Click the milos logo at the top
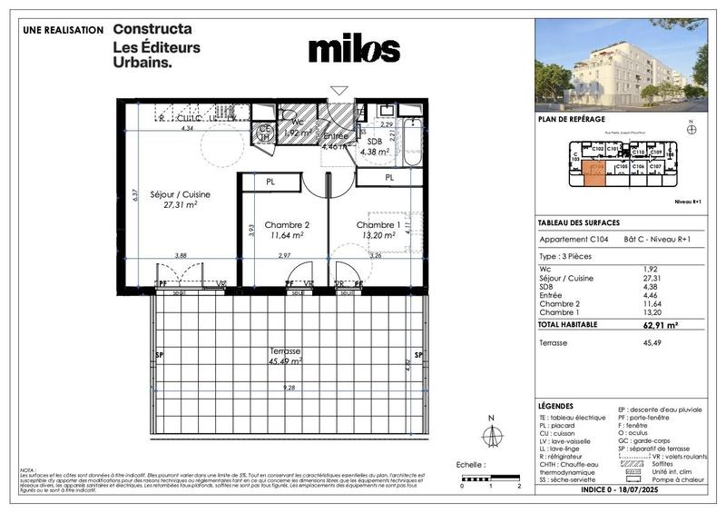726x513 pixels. point(354,49)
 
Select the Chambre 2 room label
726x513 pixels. point(287,230)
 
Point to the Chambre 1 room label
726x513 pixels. point(378,230)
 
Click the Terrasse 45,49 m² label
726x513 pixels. point(285,355)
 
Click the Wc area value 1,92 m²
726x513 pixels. point(295,133)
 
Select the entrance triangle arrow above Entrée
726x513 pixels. point(338,91)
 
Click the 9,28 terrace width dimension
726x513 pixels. point(289,388)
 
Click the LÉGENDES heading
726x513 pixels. point(556,406)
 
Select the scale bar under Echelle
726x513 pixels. point(491,478)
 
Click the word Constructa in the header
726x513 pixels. point(153,29)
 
